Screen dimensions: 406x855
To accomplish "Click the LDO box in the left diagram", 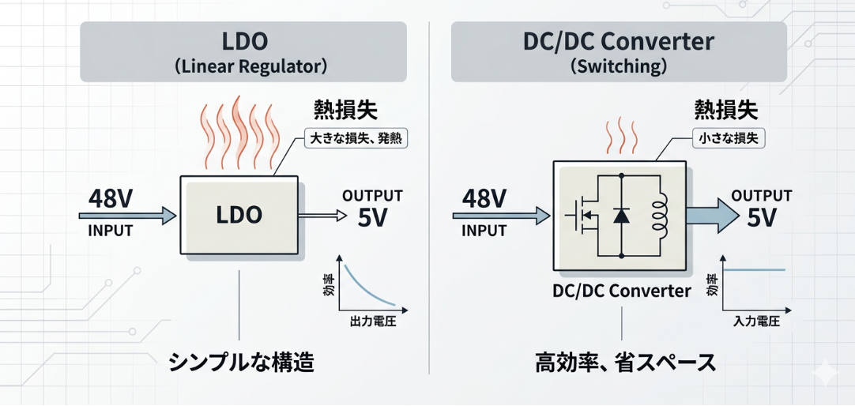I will coord(239,215).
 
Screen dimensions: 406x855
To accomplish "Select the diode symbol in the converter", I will coord(621,214).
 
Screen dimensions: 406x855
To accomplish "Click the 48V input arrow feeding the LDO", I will coord(127,214).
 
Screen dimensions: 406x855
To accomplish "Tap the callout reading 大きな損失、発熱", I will coord(356,140).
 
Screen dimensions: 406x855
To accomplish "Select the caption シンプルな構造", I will coord(241,363).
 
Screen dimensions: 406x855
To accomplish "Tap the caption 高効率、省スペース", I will coord(624,363).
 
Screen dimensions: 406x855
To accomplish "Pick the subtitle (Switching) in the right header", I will coord(619,66).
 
